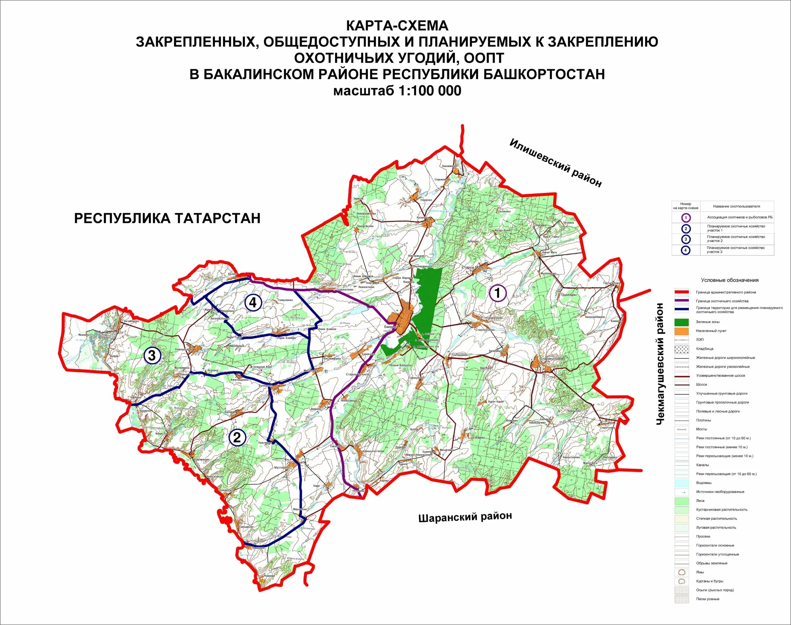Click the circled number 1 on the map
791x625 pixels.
(497, 293)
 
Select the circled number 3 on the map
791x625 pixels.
(152, 355)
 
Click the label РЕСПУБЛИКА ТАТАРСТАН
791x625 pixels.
(167, 218)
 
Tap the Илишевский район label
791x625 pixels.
(555, 163)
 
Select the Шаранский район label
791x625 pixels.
(465, 517)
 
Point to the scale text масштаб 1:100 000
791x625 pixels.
(397, 91)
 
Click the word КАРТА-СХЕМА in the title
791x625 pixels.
(397, 26)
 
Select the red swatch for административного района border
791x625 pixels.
(682, 292)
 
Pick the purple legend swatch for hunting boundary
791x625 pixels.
(682, 301)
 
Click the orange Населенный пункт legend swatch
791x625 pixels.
(682, 331)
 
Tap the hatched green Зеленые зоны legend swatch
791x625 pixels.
(682, 322)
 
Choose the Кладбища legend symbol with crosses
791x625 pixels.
(682, 349)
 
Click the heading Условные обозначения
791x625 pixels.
(730, 280)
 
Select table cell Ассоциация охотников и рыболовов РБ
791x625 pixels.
(740, 217)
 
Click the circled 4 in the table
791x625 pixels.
(686, 251)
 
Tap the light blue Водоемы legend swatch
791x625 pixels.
(682, 483)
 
